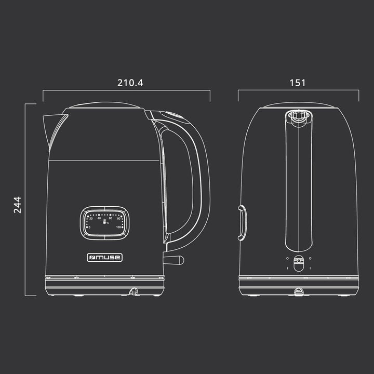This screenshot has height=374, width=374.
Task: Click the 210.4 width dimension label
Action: [130, 83]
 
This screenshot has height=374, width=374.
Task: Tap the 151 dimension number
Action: [298, 83]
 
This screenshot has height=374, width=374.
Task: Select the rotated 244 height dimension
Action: [18, 205]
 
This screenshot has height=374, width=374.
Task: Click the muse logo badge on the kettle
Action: [105, 258]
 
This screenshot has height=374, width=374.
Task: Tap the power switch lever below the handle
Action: [173, 260]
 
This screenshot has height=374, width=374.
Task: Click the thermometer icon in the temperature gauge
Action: [104, 222]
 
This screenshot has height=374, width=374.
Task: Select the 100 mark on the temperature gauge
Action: [118, 227]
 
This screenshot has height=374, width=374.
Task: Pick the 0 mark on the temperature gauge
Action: [89, 228]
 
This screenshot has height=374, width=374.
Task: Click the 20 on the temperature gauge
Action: [91, 219]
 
